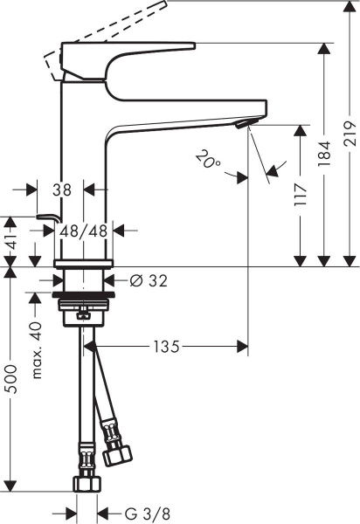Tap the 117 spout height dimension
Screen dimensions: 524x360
(301, 192)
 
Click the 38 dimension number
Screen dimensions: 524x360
(60, 188)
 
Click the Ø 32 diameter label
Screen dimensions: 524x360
(149, 280)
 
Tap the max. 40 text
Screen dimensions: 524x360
(37, 348)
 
